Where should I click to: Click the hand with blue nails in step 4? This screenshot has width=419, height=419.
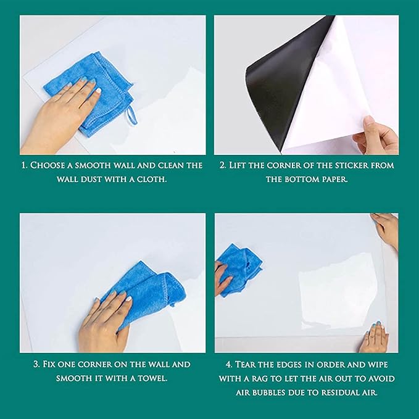click(x=375, y=338)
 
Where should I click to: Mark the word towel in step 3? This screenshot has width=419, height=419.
click(x=151, y=378)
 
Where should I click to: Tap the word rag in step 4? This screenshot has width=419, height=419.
click(x=279, y=378)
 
